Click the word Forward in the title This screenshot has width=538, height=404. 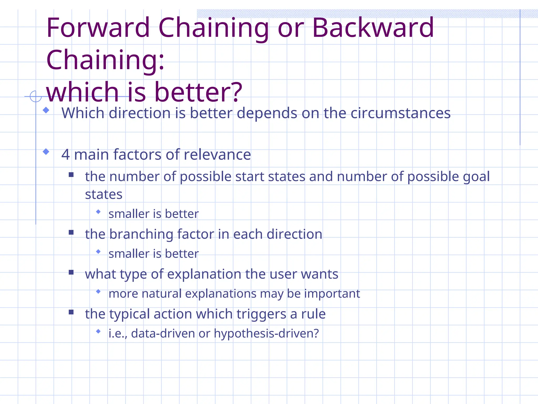[98, 28]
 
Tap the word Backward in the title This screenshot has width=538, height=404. [373, 28]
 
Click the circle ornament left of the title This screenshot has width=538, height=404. [35, 96]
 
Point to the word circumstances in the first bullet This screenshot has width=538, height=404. [400, 113]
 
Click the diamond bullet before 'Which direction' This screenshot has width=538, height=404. [46, 110]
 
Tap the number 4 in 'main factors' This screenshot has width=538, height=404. [65, 155]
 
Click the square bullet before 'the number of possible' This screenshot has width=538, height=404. [71, 175]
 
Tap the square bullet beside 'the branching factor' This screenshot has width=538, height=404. [71, 232]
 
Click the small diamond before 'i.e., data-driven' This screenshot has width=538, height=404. [98, 331]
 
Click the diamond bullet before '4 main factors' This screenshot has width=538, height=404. [46, 152]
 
